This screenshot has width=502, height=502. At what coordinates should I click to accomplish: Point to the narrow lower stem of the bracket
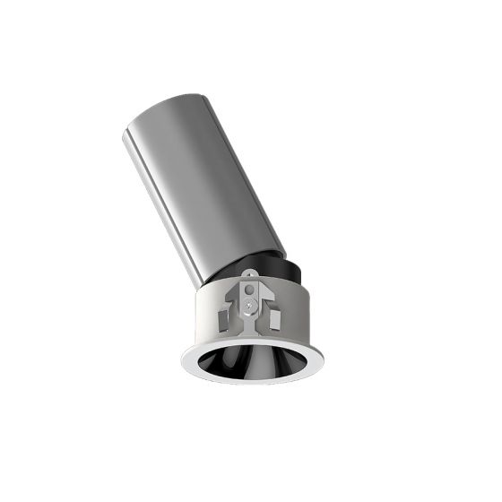click(249, 321)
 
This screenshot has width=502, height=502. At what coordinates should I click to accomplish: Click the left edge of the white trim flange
click(186, 363)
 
